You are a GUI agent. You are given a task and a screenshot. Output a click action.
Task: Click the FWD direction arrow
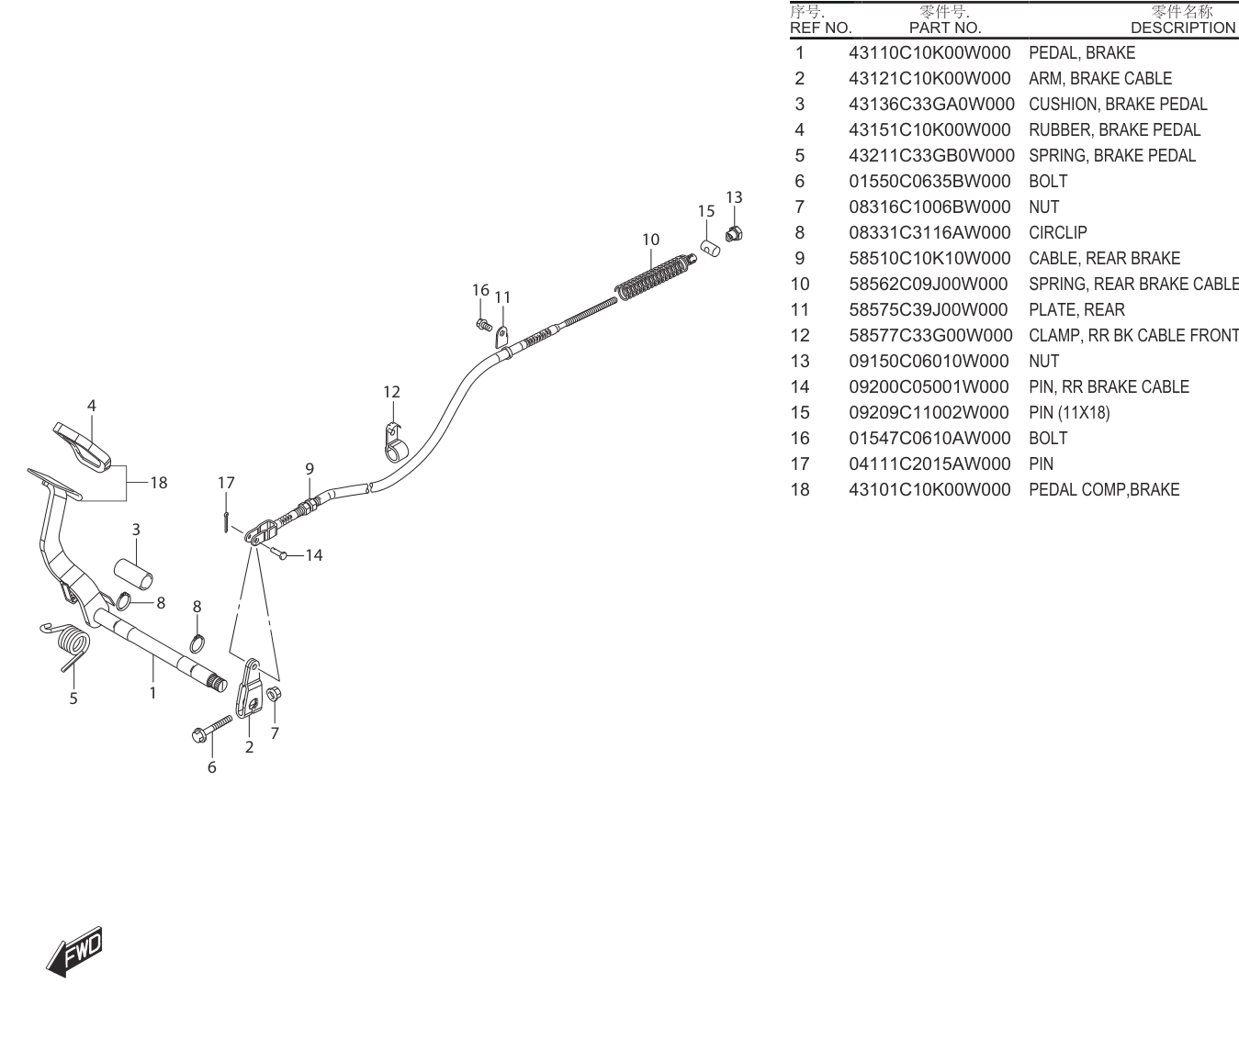coord(74,953)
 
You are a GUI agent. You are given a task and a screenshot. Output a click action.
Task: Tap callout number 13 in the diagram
coord(734,197)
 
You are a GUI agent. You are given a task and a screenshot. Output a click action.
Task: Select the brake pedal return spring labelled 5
coord(68,644)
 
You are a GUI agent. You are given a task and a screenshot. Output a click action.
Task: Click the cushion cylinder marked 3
coord(134,574)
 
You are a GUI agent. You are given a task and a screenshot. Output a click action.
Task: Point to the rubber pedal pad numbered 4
coord(82,445)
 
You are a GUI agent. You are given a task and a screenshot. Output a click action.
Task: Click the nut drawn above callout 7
coord(274,694)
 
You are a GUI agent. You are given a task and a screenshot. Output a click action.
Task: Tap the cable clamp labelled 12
coord(394,443)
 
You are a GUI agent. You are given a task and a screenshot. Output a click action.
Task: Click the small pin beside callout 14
coord(278,553)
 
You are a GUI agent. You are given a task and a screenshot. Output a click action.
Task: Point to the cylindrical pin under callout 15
coord(710,248)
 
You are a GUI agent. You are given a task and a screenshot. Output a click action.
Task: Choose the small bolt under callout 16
coord(484,325)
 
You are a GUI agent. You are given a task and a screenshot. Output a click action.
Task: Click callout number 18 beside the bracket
coord(159,483)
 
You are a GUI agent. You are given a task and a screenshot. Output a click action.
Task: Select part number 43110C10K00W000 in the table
coord(929,52)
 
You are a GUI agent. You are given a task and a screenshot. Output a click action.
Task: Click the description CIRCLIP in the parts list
coord(1058,232)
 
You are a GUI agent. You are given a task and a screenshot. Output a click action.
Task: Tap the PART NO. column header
coord(945,28)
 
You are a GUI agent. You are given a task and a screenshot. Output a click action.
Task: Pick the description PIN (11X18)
coord(1069,413)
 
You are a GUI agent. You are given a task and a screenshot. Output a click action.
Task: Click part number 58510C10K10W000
coord(929,258)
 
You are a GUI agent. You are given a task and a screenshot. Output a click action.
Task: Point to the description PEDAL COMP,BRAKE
coord(1104,490)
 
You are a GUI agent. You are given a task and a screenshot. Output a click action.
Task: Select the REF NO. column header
coord(820,28)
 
